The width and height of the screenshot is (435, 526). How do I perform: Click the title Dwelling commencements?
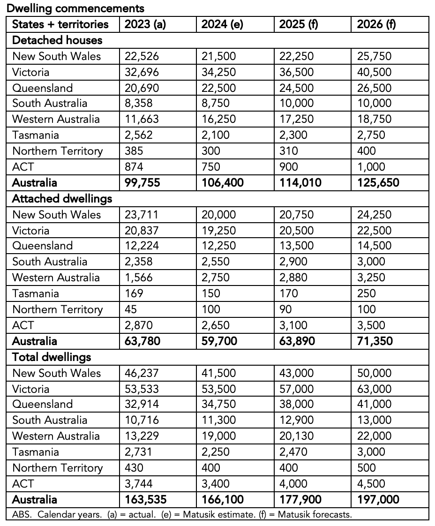tap(75, 8)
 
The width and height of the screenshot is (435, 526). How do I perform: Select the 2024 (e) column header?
tap(222, 24)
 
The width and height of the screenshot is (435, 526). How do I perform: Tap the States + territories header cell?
tap(60, 24)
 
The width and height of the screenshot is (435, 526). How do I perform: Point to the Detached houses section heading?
tap(57, 40)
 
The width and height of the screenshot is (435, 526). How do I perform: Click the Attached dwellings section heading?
tap(62, 198)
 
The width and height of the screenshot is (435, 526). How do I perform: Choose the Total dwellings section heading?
tap(52, 357)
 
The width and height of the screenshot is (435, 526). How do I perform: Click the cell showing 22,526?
tap(142, 56)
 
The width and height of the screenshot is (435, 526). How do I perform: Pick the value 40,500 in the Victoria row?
tap(374, 72)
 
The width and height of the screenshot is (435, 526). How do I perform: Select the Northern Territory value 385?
tap(134, 151)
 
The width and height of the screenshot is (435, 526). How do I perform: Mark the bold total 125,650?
tap(378, 182)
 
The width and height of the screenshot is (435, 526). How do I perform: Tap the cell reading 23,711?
tap(142, 215)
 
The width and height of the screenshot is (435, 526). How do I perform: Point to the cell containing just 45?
tap(131, 309)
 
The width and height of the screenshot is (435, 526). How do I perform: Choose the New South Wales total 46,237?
tap(142, 373)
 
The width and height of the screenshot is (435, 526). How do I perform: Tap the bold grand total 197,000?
tap(378, 499)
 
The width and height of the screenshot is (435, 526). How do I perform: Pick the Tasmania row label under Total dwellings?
tap(36, 452)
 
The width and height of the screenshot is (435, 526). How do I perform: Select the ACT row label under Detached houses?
tap(23, 167)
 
